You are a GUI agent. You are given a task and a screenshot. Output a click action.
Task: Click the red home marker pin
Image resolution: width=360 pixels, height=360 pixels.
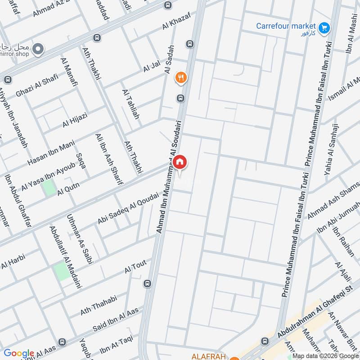click(180, 162)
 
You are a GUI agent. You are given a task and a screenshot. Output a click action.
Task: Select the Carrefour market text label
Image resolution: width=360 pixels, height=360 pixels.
click(286, 26)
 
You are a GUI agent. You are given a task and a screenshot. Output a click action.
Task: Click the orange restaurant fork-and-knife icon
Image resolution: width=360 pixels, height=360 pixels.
click(181, 78)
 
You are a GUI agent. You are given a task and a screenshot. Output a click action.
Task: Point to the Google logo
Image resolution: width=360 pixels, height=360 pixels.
click(19, 353)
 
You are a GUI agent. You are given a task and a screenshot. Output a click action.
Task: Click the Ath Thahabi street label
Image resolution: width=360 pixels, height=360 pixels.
click(99, 305)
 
